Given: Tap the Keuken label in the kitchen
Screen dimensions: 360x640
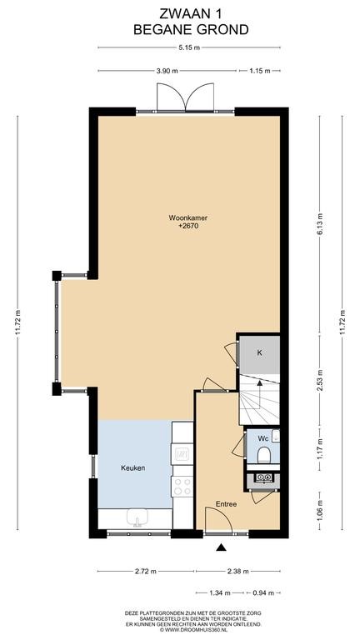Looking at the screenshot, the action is coord(133,467).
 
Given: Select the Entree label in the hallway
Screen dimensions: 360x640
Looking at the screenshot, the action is coord(226,504).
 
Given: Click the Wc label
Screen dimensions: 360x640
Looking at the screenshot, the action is coord(263,439).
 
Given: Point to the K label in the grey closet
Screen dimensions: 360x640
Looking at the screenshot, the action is coord(259,353).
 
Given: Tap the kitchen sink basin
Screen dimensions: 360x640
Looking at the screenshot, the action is coord(137,517).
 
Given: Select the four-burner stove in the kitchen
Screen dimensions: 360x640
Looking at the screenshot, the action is coord(182,486).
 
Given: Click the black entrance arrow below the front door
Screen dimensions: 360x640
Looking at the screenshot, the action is coord(221,547).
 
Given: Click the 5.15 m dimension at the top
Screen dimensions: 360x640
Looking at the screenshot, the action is coord(189,47).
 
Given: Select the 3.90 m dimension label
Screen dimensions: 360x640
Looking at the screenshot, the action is coord(167,71).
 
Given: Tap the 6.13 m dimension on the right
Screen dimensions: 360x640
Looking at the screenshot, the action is coord(320,224).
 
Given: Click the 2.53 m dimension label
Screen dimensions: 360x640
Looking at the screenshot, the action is coord(320,380).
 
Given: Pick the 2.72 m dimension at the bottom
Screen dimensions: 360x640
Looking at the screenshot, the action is coord(145,572).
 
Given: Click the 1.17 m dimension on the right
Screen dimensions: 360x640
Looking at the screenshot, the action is coord(320,447).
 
